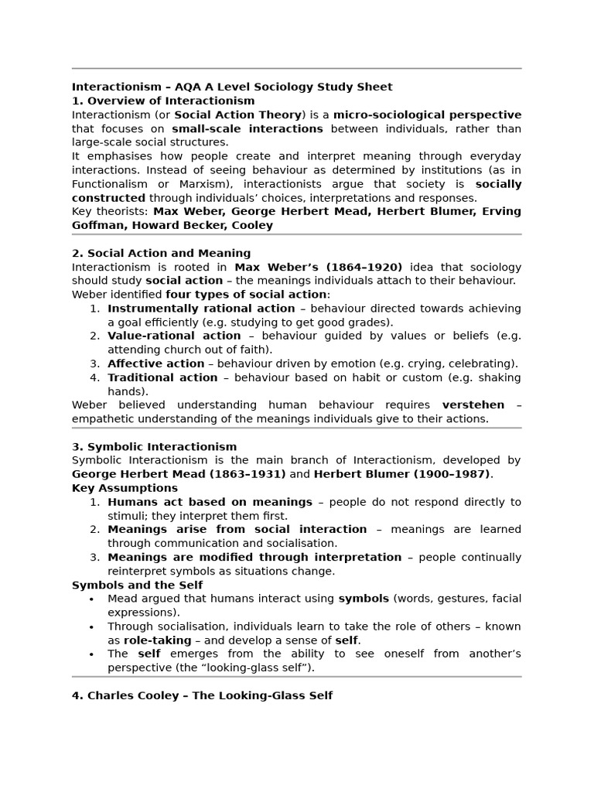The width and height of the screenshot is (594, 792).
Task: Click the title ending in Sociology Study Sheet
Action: pyautogui.click(x=232, y=87)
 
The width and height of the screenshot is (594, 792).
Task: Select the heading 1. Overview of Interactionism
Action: pyautogui.click(x=163, y=101)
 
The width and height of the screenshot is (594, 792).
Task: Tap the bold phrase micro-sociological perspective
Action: pyautogui.click(x=427, y=114)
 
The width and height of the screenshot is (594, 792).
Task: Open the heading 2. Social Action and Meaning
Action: pyautogui.click(x=161, y=253)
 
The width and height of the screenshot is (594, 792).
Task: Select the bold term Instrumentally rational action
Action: pyautogui.click(x=201, y=308)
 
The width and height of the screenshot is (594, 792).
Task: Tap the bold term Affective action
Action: pyautogui.click(x=155, y=364)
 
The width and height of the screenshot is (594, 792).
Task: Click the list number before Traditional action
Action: pyautogui.click(x=94, y=377)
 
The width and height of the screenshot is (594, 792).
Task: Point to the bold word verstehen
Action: pyautogui.click(x=473, y=405)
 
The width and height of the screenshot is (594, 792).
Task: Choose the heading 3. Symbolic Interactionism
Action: pyautogui.click(x=154, y=446)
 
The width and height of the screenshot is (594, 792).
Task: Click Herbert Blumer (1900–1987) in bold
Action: pyautogui.click(x=402, y=474)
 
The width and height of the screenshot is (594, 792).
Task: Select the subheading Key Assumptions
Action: pyautogui.click(x=125, y=488)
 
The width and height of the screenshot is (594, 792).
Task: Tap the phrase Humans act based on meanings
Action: pyautogui.click(x=210, y=502)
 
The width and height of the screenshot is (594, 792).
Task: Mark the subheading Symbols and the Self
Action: pyautogui.click(x=137, y=585)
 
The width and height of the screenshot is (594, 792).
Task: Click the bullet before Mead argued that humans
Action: pyautogui.click(x=92, y=599)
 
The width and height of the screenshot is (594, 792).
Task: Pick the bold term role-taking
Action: pyautogui.click(x=157, y=640)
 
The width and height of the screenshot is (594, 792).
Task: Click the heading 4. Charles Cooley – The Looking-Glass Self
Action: pyautogui.click(x=202, y=695)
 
